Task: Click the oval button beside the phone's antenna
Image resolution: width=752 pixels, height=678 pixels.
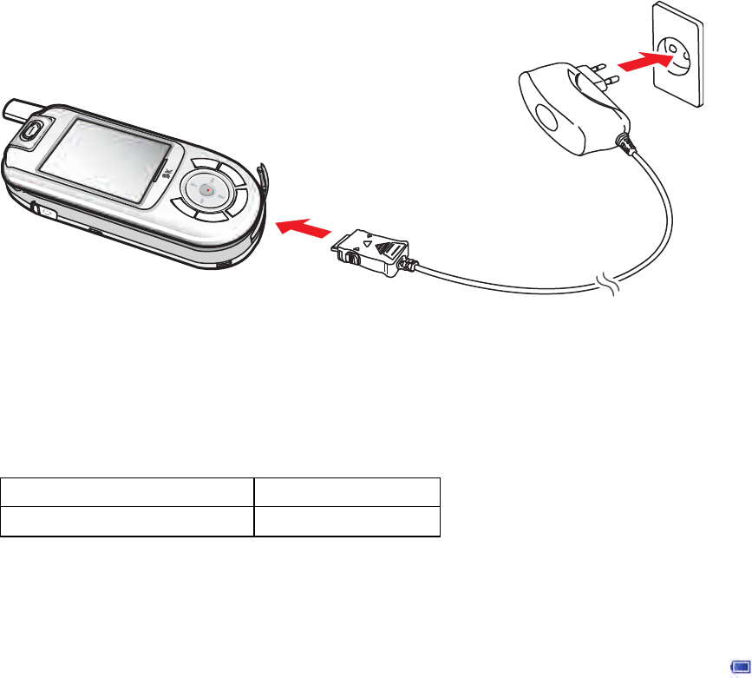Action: coord(33,132)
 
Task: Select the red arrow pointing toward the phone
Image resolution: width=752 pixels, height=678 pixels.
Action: coord(303,228)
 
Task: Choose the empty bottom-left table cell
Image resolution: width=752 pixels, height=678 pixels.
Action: coord(127,521)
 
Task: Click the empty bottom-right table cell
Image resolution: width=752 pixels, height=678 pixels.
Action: coord(347,521)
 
